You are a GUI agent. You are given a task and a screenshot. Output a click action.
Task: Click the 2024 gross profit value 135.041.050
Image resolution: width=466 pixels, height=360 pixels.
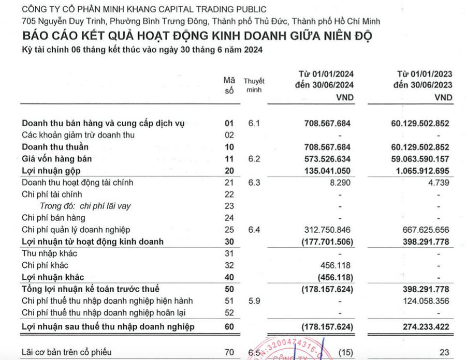[326, 171]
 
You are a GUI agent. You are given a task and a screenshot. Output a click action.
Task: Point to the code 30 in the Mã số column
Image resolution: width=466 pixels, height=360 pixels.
[229, 242]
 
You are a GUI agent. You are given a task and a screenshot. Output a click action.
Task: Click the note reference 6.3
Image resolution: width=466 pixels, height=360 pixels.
[254, 182]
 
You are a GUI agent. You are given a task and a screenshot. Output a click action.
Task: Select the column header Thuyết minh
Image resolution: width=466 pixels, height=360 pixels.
[254, 85]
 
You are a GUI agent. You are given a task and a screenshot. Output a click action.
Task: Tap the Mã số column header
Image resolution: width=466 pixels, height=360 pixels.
[229, 85]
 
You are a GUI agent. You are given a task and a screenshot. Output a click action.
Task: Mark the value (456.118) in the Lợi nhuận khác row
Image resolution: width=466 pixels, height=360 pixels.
[334, 277]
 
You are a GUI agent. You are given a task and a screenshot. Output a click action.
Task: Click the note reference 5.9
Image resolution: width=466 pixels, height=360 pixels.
[254, 301]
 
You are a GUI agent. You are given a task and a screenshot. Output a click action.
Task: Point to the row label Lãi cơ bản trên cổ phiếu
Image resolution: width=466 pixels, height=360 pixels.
[67, 353]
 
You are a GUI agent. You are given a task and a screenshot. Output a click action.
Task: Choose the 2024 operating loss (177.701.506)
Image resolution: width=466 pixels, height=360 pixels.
[327, 242]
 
